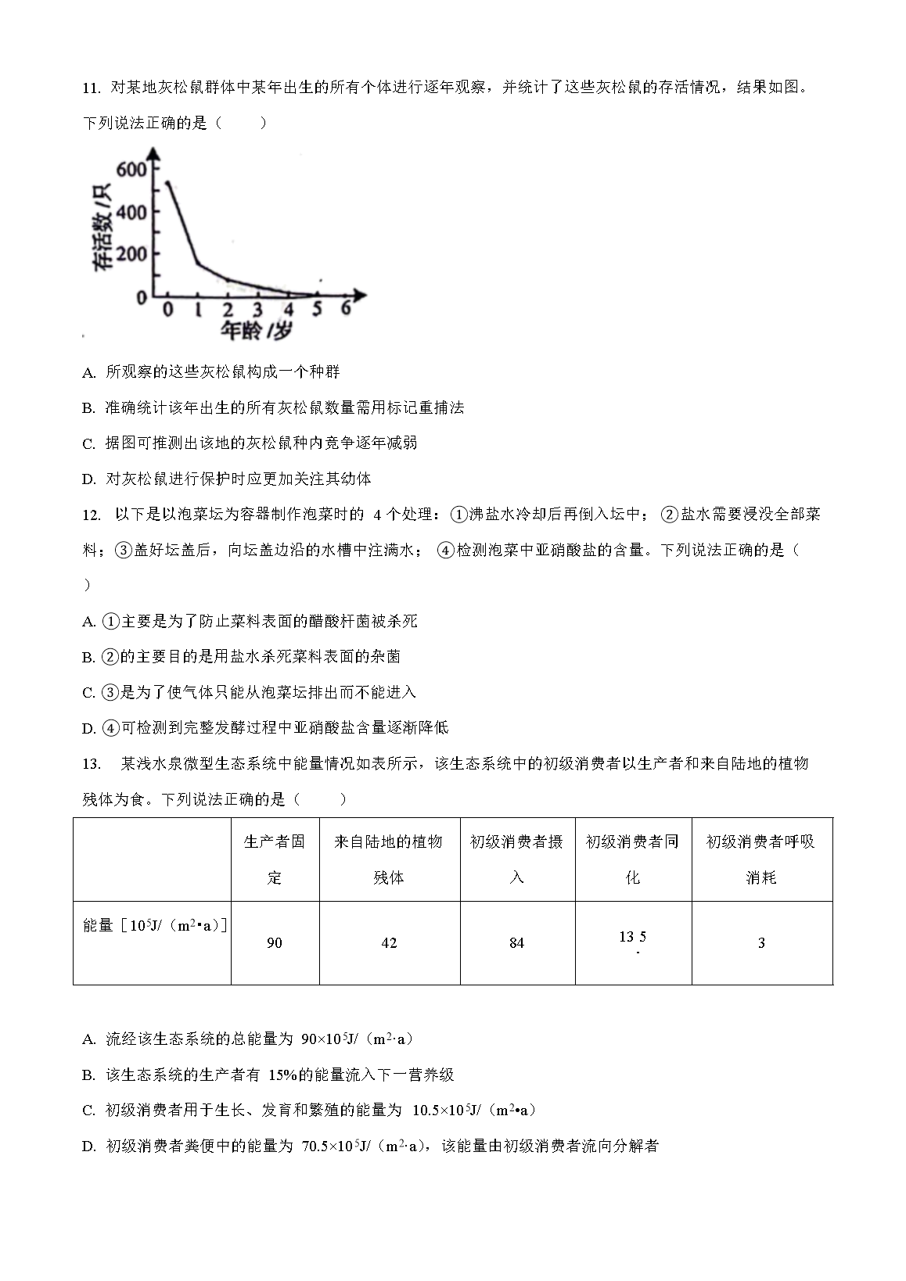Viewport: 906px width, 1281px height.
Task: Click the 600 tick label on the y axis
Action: coord(131,170)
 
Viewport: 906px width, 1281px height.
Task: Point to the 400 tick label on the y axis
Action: coord(131,213)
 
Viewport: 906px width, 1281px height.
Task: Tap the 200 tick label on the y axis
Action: coord(131,255)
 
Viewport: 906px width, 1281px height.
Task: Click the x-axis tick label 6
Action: coord(346,310)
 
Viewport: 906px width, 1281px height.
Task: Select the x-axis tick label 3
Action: coord(258,310)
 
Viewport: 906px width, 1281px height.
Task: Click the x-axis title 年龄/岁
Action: coord(256,332)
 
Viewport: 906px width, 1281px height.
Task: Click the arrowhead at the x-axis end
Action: coord(360,296)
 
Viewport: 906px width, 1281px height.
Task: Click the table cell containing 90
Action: coord(275,943)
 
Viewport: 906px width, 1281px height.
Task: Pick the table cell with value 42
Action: coord(389,943)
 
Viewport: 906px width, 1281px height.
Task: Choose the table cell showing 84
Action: coord(516,943)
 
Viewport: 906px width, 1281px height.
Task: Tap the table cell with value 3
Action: coord(761,943)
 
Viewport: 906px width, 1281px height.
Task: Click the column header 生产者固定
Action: coord(275,859)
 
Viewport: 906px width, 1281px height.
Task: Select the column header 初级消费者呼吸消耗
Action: coord(761,859)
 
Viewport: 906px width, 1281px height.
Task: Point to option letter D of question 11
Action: coord(88,479)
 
